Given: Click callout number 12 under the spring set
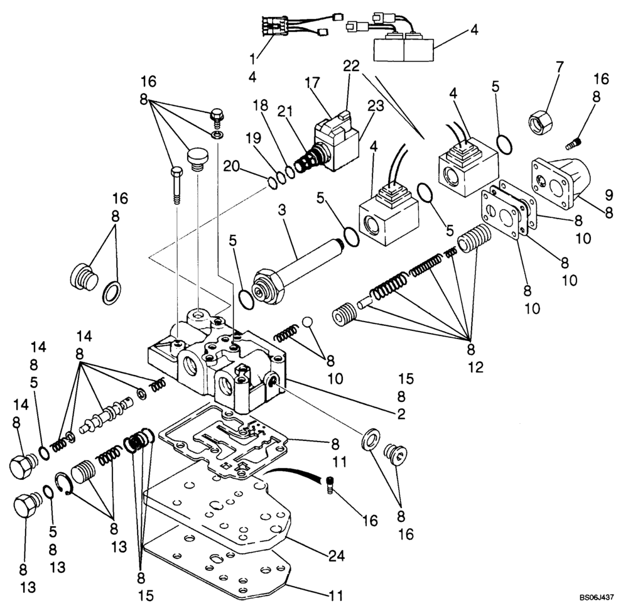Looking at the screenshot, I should pos(475,367).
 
